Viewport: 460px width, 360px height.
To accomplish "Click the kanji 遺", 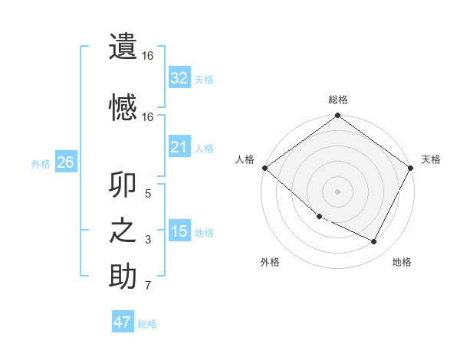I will pyautogui.click(x=123, y=46).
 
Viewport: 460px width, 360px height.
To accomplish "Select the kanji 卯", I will pyautogui.click(x=123, y=186).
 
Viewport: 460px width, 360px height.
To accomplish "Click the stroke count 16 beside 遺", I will pyautogui.click(x=148, y=56).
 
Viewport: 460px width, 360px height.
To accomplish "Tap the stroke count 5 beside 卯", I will pyautogui.click(x=148, y=194).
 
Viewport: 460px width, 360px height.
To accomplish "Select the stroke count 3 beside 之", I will pyautogui.click(x=148, y=241).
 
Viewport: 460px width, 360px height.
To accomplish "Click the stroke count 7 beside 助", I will pyautogui.click(x=148, y=286).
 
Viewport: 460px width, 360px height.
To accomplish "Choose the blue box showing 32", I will pyautogui.click(x=179, y=78).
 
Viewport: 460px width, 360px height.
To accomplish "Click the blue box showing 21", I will pyautogui.click(x=179, y=147).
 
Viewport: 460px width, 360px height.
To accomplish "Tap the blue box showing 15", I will pyautogui.click(x=179, y=231).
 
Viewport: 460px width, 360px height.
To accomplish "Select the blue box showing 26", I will pyautogui.click(x=65, y=162).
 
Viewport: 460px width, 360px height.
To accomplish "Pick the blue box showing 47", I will pyautogui.click(x=123, y=322).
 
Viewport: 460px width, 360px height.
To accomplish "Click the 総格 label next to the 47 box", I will pyautogui.click(x=147, y=324).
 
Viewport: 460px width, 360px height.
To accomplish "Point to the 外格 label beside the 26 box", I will pyautogui.click(x=41, y=163).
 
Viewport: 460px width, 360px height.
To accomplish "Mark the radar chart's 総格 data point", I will pyautogui.click(x=337, y=116).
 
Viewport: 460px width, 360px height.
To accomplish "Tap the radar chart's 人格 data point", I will pyautogui.click(x=264, y=168).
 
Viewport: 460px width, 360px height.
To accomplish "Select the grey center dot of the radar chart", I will pyautogui.click(x=337, y=191).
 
